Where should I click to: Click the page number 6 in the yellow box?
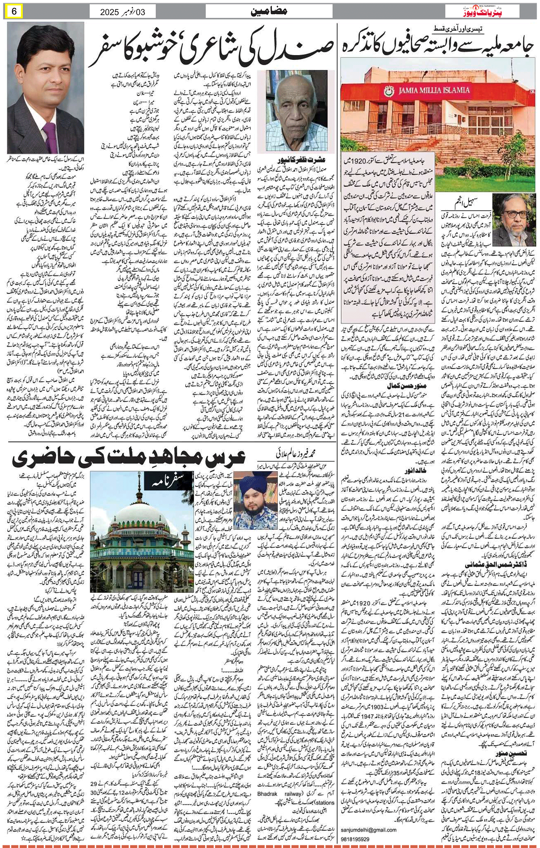point(15,11)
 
